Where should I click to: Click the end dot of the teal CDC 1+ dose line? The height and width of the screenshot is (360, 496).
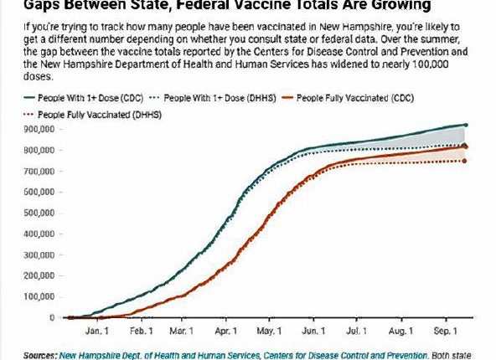click(x=466, y=125)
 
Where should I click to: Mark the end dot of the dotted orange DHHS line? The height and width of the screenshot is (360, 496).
click(x=465, y=161)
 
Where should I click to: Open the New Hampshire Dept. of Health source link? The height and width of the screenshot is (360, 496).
click(x=142, y=354)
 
